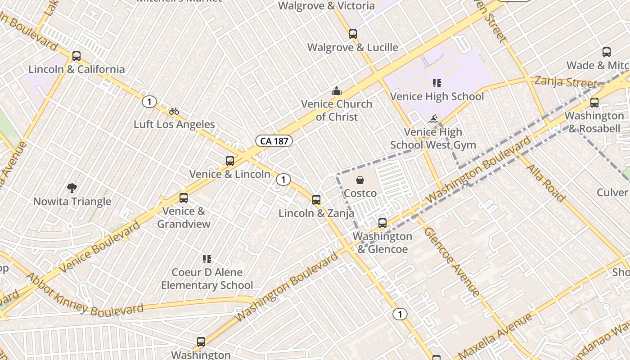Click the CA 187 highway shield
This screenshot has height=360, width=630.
pos(274,141)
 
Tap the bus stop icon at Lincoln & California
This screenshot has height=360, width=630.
pos(76,56)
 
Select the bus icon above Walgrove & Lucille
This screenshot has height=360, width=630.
pos(353,34)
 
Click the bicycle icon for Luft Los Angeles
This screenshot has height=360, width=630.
pos(174,111)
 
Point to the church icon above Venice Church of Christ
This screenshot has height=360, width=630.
pos(337,91)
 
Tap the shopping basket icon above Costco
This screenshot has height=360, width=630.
pos(360,180)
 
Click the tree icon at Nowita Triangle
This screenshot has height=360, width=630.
pos(72,188)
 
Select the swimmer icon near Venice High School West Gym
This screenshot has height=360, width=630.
pos(433,119)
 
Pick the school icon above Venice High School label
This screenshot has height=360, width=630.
pos(436,83)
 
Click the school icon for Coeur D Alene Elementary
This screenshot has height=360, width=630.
pos(207,259)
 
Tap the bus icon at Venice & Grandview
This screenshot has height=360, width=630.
pos(184,198)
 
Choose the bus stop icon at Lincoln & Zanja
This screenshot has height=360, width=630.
pos(316,200)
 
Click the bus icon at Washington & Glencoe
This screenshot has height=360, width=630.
pos(382,223)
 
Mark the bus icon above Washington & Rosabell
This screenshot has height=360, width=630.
pos(594,103)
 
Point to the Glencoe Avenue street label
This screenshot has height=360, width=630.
pos(452,261)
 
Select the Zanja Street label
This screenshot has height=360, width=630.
pos(566,82)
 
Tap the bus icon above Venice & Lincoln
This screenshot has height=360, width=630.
pos(230,161)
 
